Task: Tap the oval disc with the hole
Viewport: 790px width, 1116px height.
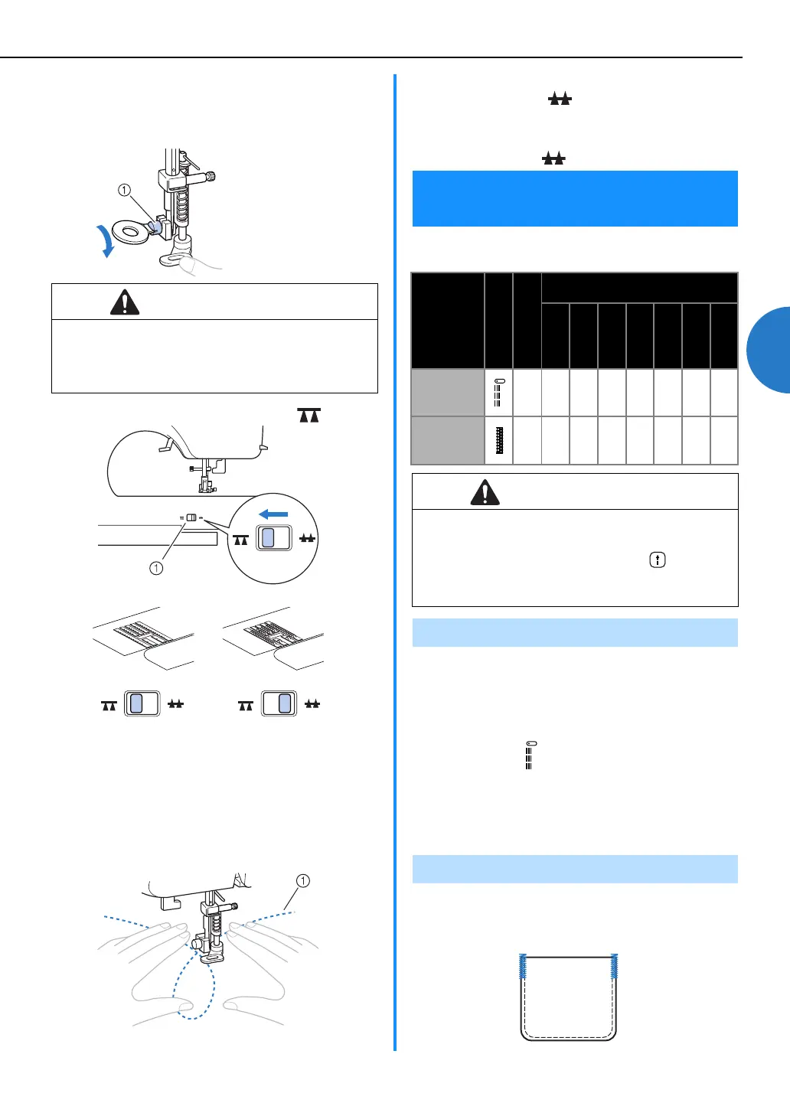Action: coord(130,233)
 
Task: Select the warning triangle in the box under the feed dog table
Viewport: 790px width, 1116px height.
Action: coord(485,492)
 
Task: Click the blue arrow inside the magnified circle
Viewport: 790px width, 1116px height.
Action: coord(273,514)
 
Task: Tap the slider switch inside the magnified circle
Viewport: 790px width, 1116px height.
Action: coord(273,538)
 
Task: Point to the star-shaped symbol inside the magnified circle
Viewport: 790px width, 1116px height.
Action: coord(307,538)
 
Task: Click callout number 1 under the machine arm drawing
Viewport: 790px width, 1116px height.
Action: coord(156,568)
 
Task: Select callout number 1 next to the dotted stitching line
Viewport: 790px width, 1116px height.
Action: coord(303,881)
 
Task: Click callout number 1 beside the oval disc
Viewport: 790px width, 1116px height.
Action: coord(124,190)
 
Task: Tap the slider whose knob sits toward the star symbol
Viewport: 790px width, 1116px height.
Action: coord(279,703)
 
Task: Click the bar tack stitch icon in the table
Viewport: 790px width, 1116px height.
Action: coord(499,393)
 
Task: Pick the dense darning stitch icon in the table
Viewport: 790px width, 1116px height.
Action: coord(499,440)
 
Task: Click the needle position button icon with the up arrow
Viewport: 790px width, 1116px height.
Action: coord(658,560)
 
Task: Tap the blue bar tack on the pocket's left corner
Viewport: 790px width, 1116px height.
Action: coord(523,967)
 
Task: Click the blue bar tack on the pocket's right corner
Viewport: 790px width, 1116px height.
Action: coord(614,967)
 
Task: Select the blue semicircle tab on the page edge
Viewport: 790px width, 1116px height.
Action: coord(769,350)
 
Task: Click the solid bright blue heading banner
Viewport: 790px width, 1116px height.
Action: coord(575,198)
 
